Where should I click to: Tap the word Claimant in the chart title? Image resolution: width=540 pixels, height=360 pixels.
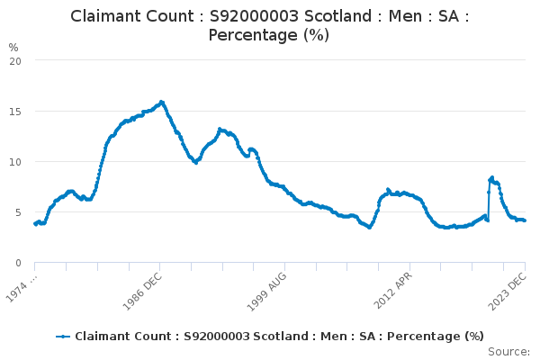105,16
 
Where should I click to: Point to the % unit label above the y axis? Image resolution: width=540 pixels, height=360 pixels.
13,47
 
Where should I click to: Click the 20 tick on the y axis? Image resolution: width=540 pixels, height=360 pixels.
15,61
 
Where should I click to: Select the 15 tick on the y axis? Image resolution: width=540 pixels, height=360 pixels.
15,112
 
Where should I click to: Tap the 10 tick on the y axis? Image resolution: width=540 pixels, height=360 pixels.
15,162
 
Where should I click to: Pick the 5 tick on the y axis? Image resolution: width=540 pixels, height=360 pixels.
18,212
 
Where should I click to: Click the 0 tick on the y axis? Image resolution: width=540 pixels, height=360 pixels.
18,263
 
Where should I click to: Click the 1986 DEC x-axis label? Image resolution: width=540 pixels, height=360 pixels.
142,289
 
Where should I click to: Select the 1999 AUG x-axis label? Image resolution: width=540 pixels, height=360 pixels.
267,289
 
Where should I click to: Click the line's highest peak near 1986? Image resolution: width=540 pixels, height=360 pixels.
161,102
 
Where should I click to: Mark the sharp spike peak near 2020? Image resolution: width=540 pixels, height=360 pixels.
491,177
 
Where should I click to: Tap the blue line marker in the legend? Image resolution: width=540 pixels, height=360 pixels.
63,337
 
